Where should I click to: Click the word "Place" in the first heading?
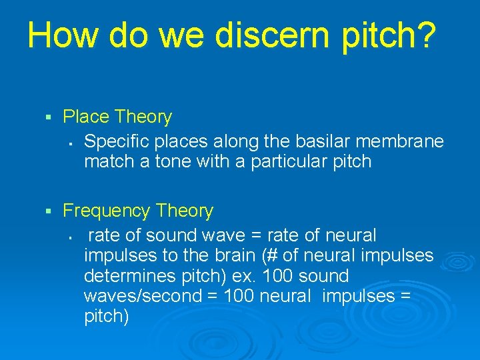[x=86, y=117]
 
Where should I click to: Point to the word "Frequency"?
[x=107, y=211]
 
